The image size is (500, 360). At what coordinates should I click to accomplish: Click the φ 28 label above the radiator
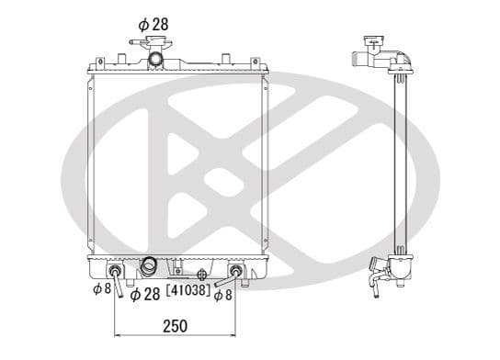click(x=153, y=25)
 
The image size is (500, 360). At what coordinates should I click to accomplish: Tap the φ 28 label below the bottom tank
click(x=145, y=294)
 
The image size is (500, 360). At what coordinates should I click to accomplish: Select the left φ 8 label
click(x=102, y=288)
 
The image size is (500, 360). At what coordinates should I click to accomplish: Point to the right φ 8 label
click(x=223, y=296)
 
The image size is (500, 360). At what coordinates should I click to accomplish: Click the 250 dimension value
click(x=175, y=326)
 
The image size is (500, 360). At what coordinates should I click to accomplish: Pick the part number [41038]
click(x=188, y=289)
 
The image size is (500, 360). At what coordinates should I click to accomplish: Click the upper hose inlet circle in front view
click(x=155, y=60)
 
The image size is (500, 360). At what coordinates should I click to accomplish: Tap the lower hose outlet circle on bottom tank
click(x=148, y=265)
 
